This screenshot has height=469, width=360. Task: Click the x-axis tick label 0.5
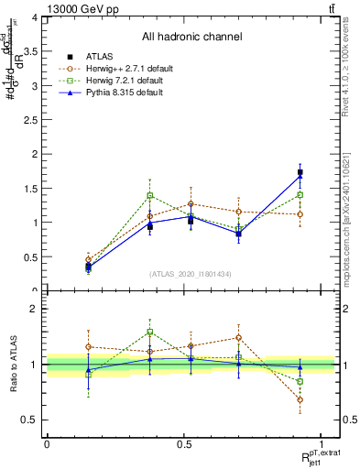click(183, 443)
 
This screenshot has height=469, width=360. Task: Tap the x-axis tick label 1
click(322, 443)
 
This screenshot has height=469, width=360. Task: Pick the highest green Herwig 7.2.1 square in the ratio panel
click(150, 332)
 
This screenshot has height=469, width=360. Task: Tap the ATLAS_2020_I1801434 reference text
click(190, 274)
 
